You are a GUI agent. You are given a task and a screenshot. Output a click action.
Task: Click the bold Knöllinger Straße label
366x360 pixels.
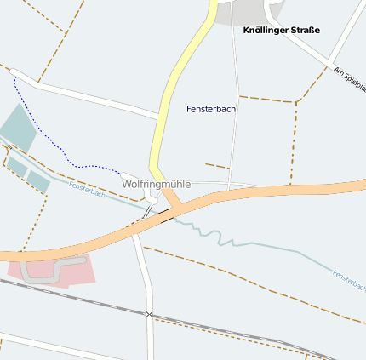(281, 31)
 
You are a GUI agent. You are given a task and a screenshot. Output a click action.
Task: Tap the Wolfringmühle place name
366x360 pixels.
(154, 184)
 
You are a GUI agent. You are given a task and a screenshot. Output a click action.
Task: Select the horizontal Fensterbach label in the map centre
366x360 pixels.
(211, 109)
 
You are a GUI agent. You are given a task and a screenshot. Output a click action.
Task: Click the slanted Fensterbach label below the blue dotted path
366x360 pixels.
(87, 190)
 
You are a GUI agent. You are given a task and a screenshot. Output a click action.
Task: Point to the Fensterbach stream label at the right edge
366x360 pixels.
(349, 280)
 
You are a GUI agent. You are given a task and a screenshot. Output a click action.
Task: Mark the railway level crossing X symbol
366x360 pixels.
(150, 315)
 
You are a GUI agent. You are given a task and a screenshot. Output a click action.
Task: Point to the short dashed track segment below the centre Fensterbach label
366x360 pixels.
(217, 165)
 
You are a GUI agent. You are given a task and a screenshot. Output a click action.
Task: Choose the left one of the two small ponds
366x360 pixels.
(17, 167)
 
